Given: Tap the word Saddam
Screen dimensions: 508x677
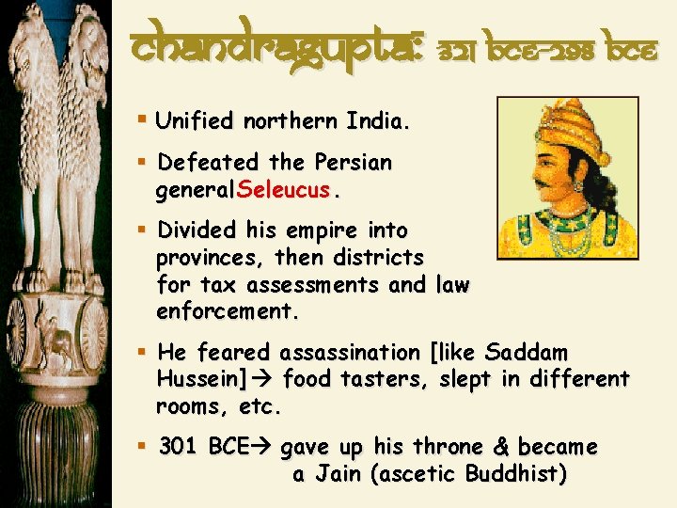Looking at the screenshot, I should [527, 353].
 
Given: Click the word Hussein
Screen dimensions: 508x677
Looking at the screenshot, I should [194, 380].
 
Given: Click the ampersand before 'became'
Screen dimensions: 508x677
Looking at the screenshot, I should [496, 447].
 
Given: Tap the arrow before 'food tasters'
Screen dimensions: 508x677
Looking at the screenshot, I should [266, 380].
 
